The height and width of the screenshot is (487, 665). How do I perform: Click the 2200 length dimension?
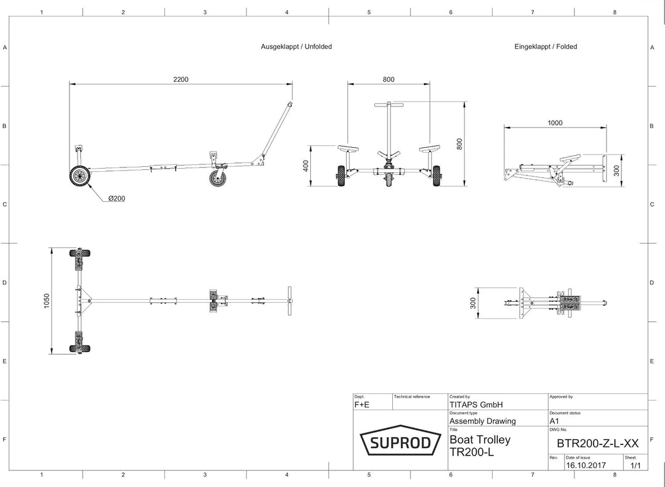(x=180, y=79)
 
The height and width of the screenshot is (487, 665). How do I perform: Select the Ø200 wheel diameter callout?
(x=116, y=198)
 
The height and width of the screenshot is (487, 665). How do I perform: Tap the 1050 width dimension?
(x=47, y=301)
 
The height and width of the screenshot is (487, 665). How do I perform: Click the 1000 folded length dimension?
(x=555, y=123)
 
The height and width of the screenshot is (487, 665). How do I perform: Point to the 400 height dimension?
(x=306, y=166)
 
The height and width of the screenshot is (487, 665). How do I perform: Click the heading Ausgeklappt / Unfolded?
(x=296, y=47)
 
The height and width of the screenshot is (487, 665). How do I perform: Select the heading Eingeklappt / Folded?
(x=546, y=47)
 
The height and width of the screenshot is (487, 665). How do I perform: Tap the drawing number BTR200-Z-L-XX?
(x=597, y=443)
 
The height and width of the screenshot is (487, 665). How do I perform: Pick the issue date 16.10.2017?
(x=586, y=465)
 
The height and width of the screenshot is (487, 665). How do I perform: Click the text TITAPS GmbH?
(x=476, y=404)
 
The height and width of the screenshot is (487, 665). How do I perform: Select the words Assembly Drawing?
(x=483, y=421)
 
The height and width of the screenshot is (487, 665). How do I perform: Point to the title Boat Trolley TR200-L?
(x=480, y=446)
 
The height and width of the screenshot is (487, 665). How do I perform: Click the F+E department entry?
(x=362, y=404)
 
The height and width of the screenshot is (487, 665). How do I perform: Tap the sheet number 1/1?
(x=635, y=465)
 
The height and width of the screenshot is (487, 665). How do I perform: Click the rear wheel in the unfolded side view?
(x=80, y=176)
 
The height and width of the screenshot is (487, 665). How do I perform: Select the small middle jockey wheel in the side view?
(x=219, y=177)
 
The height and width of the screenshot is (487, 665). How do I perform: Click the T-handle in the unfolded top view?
(x=290, y=301)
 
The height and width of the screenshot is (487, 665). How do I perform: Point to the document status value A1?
(x=554, y=421)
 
